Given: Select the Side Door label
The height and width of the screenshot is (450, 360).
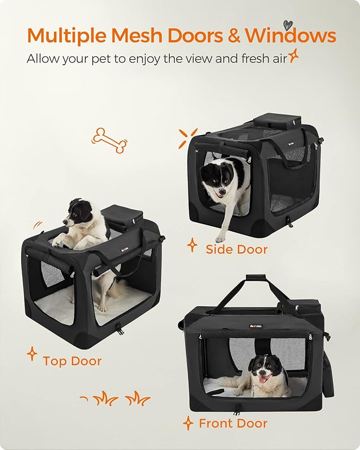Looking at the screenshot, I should coord(236,249).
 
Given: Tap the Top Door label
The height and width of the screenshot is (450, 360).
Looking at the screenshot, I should coord(72,361).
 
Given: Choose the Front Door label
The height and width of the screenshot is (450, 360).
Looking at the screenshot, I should coord(233,423).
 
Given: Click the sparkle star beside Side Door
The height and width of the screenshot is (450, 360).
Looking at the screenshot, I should coord(192,245).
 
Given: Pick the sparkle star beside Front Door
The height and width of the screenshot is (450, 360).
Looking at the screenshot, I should coord(188,422).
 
